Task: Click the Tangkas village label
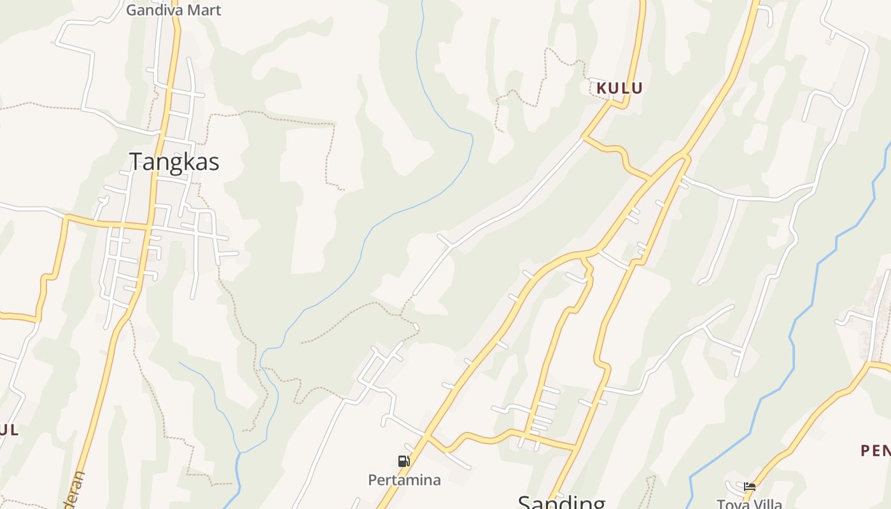[174, 162]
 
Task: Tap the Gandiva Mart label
[173, 10]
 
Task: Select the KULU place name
[619, 88]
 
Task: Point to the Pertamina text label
[404, 480]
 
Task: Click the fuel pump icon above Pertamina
[403, 461]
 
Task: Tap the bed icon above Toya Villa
[750, 487]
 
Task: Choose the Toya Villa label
[749, 504]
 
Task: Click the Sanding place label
[561, 503]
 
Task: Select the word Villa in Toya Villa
[767, 504]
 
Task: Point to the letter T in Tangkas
[136, 162]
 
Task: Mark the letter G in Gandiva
[132, 10]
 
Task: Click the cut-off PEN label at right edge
[876, 450]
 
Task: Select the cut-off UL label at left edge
[8, 429]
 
